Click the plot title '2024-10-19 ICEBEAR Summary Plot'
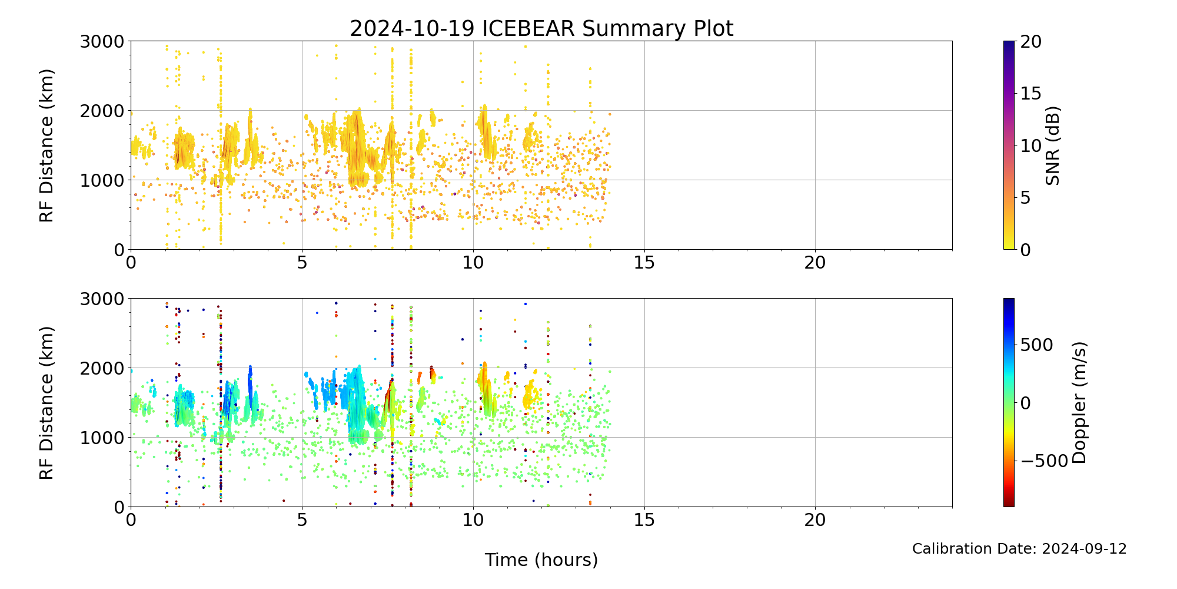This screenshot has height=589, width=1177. click(541, 28)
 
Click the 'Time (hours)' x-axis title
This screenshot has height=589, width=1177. click(541, 560)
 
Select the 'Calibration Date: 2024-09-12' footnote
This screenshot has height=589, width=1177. click(1019, 549)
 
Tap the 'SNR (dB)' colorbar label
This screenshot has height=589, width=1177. click(1053, 145)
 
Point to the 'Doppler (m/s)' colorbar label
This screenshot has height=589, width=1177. click(1079, 403)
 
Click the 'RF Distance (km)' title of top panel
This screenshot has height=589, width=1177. click(46, 145)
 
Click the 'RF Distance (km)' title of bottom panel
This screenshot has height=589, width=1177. click(46, 403)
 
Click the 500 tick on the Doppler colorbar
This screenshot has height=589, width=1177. click(1036, 345)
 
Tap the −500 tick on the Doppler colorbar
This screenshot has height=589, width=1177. click(1043, 461)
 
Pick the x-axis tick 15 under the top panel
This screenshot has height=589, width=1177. click(644, 263)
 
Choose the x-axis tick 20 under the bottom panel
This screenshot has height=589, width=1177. click(815, 520)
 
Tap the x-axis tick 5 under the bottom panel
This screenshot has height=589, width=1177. click(302, 520)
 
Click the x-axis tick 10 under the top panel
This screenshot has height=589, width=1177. click(473, 263)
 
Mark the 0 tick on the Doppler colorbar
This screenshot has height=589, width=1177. click(1025, 403)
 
